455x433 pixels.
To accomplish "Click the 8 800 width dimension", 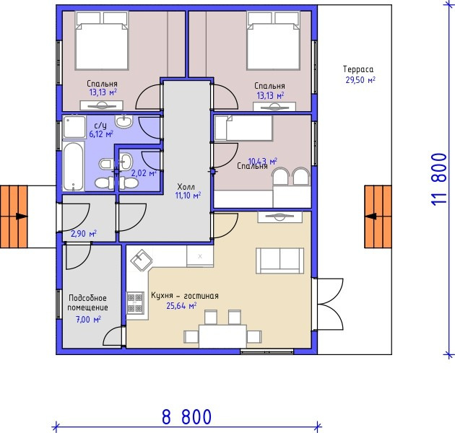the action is (x=186, y=416).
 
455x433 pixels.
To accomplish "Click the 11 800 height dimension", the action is (x=439, y=180).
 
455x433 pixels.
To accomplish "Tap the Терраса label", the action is (x=358, y=69).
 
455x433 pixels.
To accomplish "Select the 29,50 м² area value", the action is (x=360, y=80).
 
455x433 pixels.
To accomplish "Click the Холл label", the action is (x=186, y=186).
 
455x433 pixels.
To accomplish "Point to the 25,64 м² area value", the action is (x=181, y=306).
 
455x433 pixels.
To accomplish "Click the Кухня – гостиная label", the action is (x=185, y=296).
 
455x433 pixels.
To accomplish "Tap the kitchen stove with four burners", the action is (x=135, y=303).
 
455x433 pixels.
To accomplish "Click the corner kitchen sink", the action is (x=142, y=260).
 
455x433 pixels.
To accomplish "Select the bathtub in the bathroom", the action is (x=74, y=166).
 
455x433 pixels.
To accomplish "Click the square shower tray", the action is (x=74, y=127).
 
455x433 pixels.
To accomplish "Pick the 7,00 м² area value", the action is (x=88, y=319).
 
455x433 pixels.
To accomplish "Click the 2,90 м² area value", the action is (x=84, y=234).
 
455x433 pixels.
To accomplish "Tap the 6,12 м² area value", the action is (x=101, y=134).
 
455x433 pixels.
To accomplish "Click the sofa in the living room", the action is (x=279, y=261).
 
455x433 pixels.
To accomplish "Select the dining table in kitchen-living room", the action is (x=222, y=336).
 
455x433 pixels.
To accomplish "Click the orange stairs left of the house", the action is (x=14, y=216).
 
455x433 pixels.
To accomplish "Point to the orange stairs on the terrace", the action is (x=378, y=216).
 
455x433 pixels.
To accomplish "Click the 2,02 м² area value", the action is (x=144, y=173).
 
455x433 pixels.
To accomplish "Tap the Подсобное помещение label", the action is (x=87, y=303).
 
